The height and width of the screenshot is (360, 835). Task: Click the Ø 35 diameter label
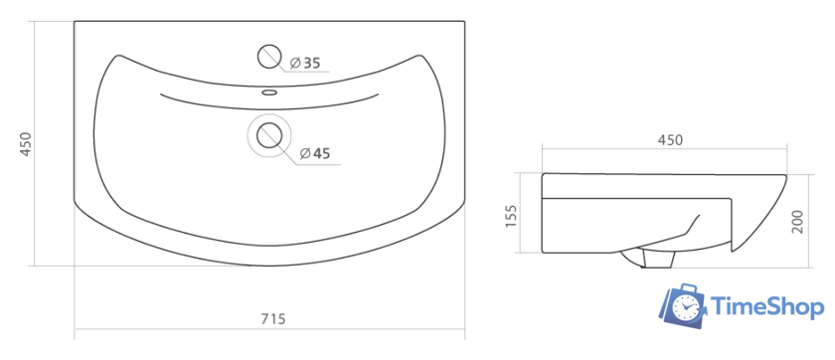point(305,64)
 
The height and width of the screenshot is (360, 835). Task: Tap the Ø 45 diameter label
point(315,154)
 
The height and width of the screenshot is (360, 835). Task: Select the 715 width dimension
point(273,319)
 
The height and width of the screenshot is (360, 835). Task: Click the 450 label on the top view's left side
point(26,144)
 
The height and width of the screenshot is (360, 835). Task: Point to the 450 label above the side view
point(670,140)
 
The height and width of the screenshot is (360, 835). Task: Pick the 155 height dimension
point(510,216)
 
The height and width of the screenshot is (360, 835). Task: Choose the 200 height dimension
point(797,221)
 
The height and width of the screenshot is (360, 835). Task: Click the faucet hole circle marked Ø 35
point(269,57)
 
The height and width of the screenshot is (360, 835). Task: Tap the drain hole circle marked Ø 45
point(269,135)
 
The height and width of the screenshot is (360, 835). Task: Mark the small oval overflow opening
point(269,92)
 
